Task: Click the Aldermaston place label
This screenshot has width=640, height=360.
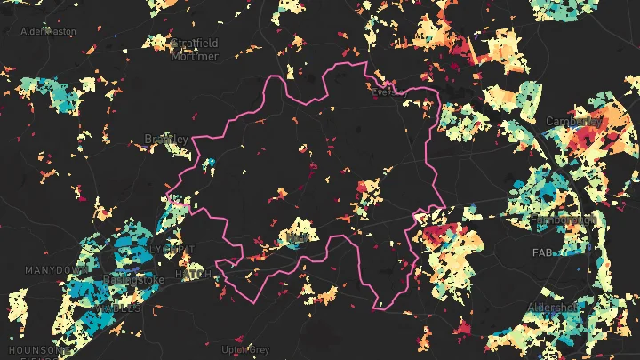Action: click(x=48, y=31)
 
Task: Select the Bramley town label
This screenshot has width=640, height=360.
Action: click(x=166, y=139)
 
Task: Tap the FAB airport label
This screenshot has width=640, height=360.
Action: click(x=543, y=252)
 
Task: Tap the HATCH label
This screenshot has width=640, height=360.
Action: click(x=194, y=275)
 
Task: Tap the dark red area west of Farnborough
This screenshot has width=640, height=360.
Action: click(x=437, y=236)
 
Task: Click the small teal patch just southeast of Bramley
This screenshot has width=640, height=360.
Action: click(x=211, y=164)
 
